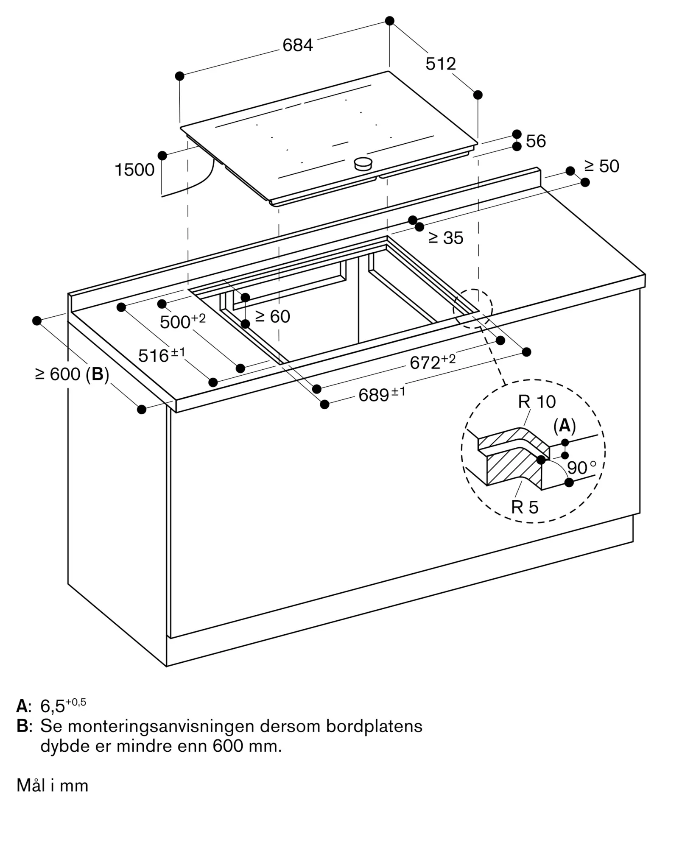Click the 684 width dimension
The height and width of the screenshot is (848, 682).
(298, 45)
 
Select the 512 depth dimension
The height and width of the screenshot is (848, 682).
(441, 64)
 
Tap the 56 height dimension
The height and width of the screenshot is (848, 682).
(536, 141)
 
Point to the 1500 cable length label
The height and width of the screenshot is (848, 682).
(134, 170)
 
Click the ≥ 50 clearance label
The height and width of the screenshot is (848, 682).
(601, 166)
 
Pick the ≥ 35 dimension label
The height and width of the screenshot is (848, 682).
(446, 238)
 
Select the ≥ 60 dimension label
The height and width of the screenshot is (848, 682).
(273, 316)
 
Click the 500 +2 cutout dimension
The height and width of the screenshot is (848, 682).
(183, 321)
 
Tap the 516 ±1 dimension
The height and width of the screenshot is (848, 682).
(162, 355)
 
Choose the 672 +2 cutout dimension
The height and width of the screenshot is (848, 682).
(433, 362)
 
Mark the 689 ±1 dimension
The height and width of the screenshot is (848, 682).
(382, 394)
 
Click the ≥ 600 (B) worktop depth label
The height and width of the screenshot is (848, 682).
(72, 374)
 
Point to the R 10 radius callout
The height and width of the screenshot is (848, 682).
(537, 402)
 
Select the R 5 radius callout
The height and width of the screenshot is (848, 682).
(525, 507)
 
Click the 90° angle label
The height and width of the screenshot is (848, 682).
(581, 468)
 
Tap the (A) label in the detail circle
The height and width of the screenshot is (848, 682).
(565, 426)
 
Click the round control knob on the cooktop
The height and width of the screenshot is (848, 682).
(363, 163)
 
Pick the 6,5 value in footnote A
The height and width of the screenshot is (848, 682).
(53, 706)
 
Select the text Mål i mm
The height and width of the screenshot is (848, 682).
(52, 786)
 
